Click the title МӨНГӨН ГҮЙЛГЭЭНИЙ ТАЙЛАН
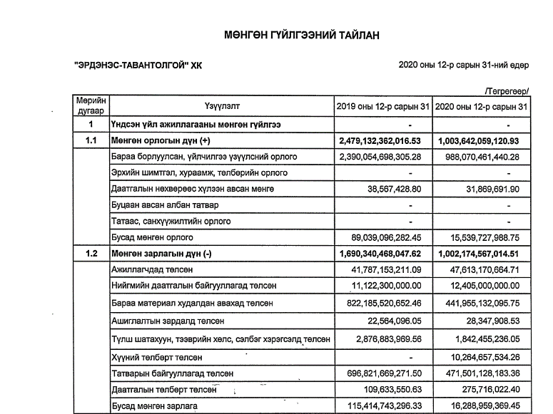300,35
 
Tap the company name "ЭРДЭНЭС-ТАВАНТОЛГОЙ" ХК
133,65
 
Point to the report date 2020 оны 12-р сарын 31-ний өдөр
464,65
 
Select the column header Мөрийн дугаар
91,106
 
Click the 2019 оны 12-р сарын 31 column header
383,107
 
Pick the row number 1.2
91,253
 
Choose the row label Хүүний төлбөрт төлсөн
157,356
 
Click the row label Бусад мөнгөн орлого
152,237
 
